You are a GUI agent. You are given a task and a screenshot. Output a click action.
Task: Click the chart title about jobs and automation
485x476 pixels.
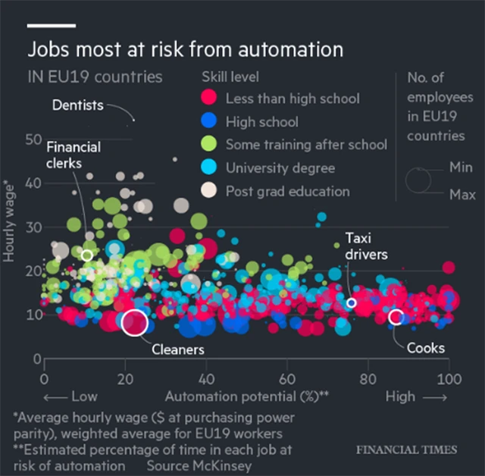pyautogui.click(x=185, y=50)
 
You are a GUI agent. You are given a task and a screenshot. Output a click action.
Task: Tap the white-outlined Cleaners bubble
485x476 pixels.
pyautogui.click(x=134, y=322)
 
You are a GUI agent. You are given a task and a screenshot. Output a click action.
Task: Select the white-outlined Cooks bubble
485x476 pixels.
pyautogui.click(x=395, y=317)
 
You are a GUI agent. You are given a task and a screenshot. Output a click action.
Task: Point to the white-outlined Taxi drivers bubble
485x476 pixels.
pyautogui.click(x=351, y=303)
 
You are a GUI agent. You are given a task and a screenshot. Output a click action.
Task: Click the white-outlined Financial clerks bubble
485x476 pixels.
pyautogui.click(x=87, y=255)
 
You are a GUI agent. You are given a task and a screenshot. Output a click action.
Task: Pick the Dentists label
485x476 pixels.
pyautogui.click(x=77, y=105)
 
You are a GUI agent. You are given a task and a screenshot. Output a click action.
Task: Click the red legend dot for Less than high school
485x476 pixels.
pyautogui.click(x=209, y=99)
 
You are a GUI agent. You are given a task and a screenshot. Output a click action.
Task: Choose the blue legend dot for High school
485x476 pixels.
pyautogui.click(x=209, y=121)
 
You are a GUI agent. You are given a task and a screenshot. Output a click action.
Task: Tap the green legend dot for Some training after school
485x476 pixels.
pyautogui.click(x=209, y=144)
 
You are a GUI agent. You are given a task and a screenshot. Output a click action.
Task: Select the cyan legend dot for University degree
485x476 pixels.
pyautogui.click(x=209, y=168)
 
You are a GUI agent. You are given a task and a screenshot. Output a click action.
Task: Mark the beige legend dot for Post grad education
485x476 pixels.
pyautogui.click(x=209, y=191)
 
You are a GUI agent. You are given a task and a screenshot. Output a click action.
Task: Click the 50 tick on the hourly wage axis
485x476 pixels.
pyautogui.click(x=33, y=139)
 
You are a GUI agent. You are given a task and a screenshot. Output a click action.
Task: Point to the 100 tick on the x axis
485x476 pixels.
pyautogui.click(x=449, y=377)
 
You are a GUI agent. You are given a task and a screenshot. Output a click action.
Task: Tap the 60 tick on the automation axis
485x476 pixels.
pyautogui.click(x=287, y=377)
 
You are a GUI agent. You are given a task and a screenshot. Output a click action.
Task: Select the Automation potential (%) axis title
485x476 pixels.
pyautogui.click(x=246, y=396)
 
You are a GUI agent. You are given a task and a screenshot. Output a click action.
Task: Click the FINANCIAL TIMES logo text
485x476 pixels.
pyautogui.click(x=407, y=449)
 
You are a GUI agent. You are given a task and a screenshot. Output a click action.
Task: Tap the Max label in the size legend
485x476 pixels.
pyautogui.click(x=462, y=195)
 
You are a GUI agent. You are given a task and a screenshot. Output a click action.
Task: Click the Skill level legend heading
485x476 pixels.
pyautogui.click(x=230, y=77)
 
